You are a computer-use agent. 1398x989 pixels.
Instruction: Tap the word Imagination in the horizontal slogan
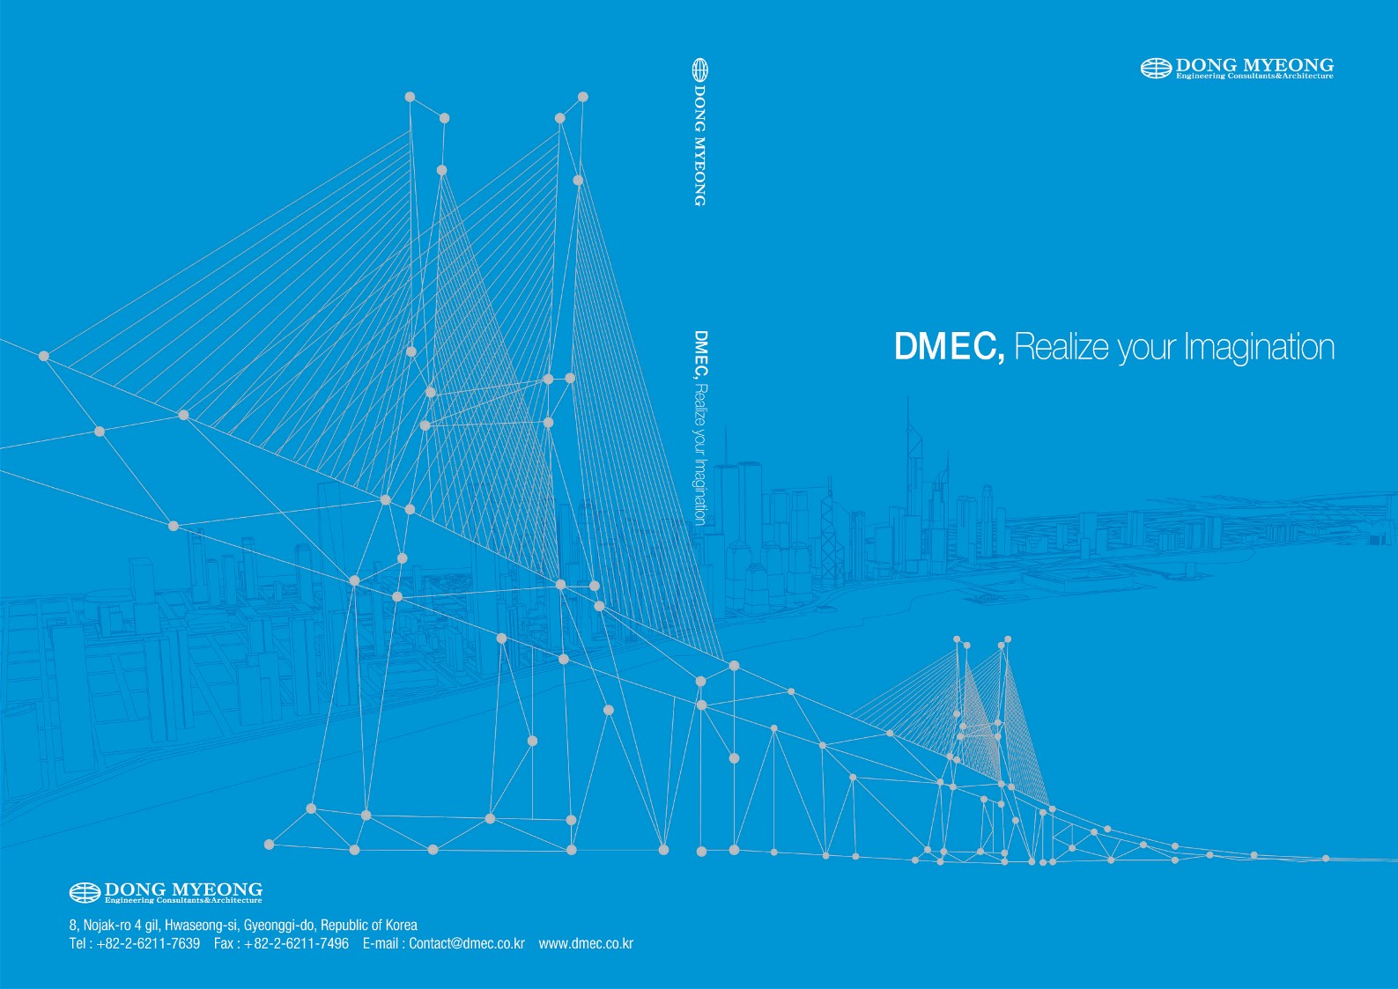pyautogui.click(x=1260, y=348)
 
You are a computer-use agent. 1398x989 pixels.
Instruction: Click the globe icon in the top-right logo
pyautogui.click(x=1156, y=68)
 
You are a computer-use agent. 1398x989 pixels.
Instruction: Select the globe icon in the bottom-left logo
pyautogui.click(x=85, y=893)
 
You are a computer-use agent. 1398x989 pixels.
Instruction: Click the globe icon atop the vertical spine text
pyautogui.click(x=700, y=70)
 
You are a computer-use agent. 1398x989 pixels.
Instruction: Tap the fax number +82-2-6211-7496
pyautogui.click(x=297, y=943)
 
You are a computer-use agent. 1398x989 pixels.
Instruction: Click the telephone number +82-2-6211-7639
pyautogui.click(x=149, y=943)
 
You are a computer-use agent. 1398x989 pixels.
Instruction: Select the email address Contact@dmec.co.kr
pyautogui.click(x=467, y=943)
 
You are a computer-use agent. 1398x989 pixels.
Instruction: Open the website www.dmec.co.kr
pyautogui.click(x=586, y=943)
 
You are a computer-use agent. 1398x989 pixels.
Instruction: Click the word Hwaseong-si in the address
pyautogui.click(x=202, y=925)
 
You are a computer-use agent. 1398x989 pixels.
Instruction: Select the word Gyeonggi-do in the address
pyautogui.click(x=279, y=926)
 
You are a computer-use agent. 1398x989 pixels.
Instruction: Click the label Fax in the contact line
pyautogui.click(x=224, y=943)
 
